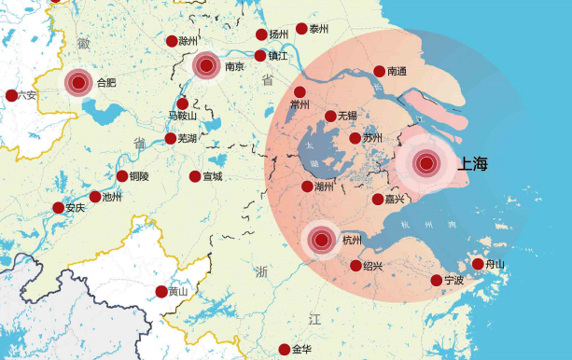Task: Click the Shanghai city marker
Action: (x=426, y=164)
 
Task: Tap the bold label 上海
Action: (x=473, y=164)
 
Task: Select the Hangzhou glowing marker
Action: (x=322, y=240)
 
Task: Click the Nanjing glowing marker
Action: (x=206, y=65)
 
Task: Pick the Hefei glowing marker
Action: (x=78, y=83)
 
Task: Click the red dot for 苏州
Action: (x=355, y=138)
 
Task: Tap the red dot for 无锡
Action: (x=330, y=116)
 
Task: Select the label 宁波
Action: (x=454, y=281)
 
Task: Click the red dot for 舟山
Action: (x=478, y=264)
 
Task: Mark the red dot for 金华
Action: (x=284, y=350)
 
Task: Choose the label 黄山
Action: (x=178, y=292)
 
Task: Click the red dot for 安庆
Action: (x=59, y=208)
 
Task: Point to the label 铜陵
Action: (x=139, y=176)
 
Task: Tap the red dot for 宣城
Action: (x=195, y=176)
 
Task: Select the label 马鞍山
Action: (x=182, y=117)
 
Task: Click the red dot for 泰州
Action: (x=301, y=29)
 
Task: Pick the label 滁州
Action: (x=188, y=41)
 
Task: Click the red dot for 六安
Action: (x=11, y=95)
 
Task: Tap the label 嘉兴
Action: (x=395, y=200)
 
